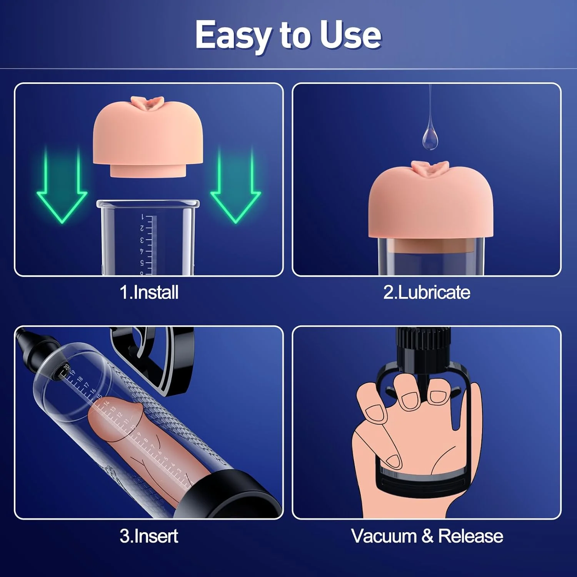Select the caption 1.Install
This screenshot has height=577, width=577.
pyautogui.click(x=149, y=292)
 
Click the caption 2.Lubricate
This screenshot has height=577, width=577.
pyautogui.click(x=426, y=292)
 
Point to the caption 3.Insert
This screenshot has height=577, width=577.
pyautogui.click(x=149, y=536)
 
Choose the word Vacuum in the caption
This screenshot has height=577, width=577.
pyautogui.click(x=384, y=536)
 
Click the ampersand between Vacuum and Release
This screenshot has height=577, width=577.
pyautogui.click(x=427, y=536)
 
